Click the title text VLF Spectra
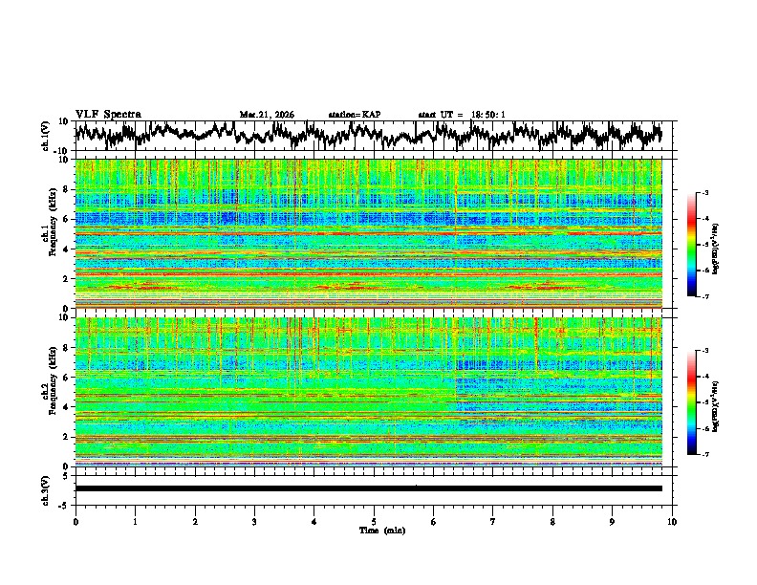108,114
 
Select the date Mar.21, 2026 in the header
267,115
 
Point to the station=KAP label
354,115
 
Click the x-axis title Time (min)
374,530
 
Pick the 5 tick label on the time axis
374,521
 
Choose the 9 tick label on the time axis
613,521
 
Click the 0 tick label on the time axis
76,521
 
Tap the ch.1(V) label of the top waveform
46,136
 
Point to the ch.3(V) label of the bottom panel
46,488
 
